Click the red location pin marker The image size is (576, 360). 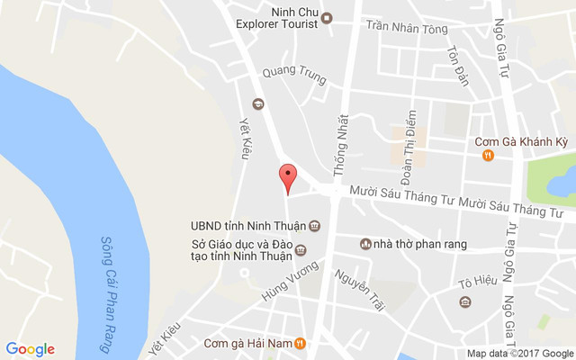[x=287, y=177]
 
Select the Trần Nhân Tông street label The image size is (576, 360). [x=406, y=29]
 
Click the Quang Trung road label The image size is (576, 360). [x=293, y=74]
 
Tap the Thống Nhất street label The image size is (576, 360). [x=340, y=144]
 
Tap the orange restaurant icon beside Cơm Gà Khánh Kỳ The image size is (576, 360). [x=487, y=155]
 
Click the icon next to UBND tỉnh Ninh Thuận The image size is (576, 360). [x=315, y=225]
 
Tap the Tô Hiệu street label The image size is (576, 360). [x=477, y=282]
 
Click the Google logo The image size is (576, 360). [x=30, y=349]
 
